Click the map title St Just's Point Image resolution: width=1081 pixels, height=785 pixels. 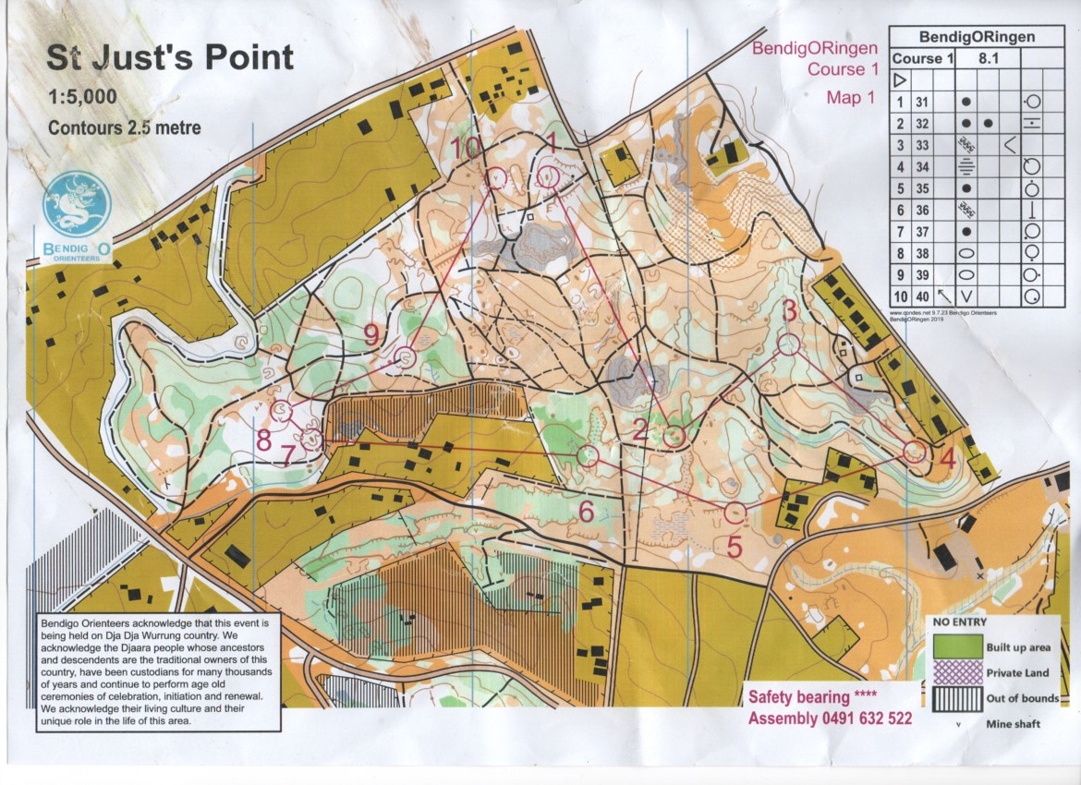pos(170,57)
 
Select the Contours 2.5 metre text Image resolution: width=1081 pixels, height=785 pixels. pos(125,128)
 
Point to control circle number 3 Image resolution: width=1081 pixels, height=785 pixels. pos(788,344)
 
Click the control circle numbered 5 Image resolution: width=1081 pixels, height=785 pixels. pos(735,512)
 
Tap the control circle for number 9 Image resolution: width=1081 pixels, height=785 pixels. pos(404,357)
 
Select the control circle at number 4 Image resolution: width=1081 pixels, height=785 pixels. pos(915,451)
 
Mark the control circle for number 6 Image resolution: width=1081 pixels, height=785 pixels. pos(588,455)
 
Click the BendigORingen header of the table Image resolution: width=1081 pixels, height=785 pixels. pos(976,37)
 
